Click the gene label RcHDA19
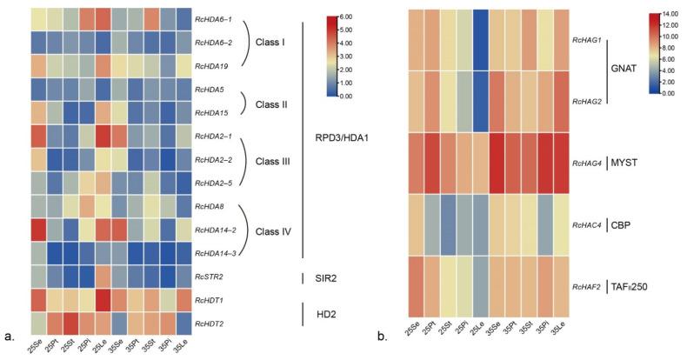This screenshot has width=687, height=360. click(217, 65)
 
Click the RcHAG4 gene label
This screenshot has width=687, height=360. click(588, 163)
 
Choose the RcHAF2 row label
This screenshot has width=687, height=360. click(588, 285)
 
